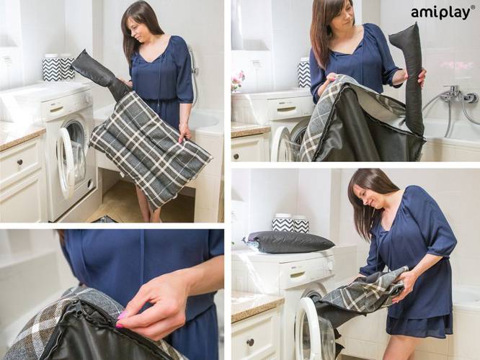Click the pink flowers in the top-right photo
[x=237, y=80]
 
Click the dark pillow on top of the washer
[x=288, y=241]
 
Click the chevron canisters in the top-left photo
[x=58, y=68]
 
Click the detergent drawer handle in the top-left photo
[x=56, y=109]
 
